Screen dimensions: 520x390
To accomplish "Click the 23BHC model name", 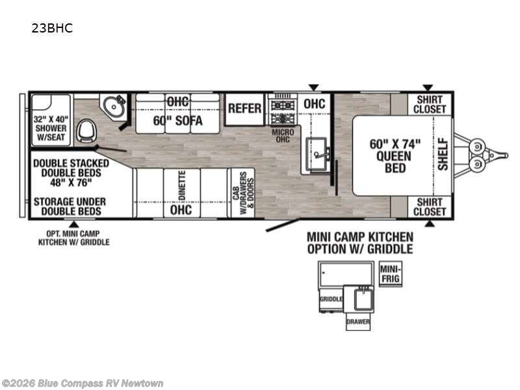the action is tap(52, 28).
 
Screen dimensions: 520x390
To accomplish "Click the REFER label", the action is tap(245, 109).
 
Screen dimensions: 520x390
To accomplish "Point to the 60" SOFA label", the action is tap(177, 120).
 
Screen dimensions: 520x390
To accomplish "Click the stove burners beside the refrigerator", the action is tap(283, 111).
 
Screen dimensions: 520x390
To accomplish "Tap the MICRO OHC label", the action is tap(283, 136).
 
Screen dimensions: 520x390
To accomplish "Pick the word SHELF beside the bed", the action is tap(443, 155).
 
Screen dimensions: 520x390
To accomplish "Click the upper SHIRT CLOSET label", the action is tap(430, 104).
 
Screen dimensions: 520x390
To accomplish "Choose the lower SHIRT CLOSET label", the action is tap(430, 207).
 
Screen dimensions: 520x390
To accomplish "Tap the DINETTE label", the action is tap(182, 185).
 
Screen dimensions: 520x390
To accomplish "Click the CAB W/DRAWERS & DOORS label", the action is tap(243, 193).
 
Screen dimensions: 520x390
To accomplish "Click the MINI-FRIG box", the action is tap(391, 274).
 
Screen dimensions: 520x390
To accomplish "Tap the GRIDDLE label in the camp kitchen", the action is tap(331, 299).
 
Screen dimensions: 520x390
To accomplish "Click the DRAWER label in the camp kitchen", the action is tap(358, 322).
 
